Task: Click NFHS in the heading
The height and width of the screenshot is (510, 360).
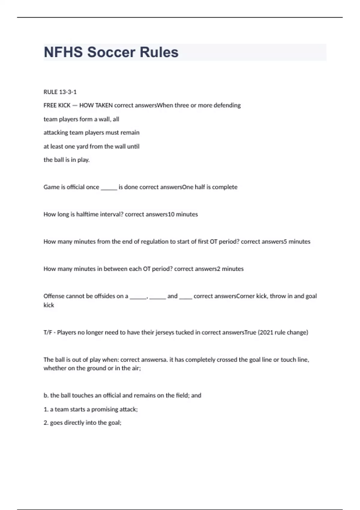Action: point(63,52)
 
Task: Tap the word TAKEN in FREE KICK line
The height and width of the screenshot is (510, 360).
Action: point(104,105)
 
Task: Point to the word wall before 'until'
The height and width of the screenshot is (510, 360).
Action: point(120,146)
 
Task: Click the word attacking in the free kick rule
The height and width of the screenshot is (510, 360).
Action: point(56,133)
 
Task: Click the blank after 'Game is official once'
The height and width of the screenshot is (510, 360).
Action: point(109,187)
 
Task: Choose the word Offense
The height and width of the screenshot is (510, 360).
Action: point(54,296)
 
